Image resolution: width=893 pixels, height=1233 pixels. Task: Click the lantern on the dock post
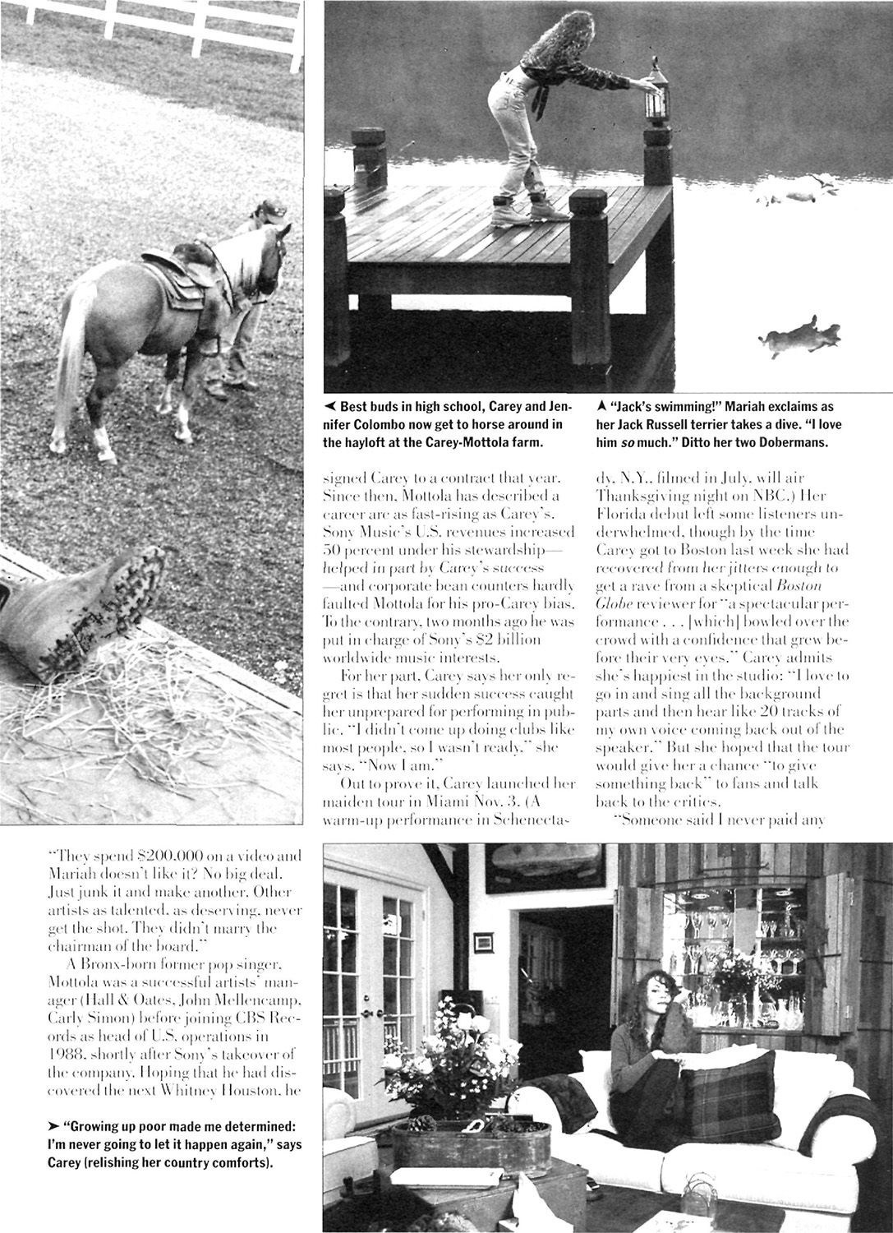(655, 99)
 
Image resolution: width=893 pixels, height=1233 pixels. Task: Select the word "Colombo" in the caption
(382, 423)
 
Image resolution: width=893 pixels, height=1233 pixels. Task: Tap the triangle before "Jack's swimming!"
(602, 406)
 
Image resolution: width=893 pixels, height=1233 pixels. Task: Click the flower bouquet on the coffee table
(461, 1060)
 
